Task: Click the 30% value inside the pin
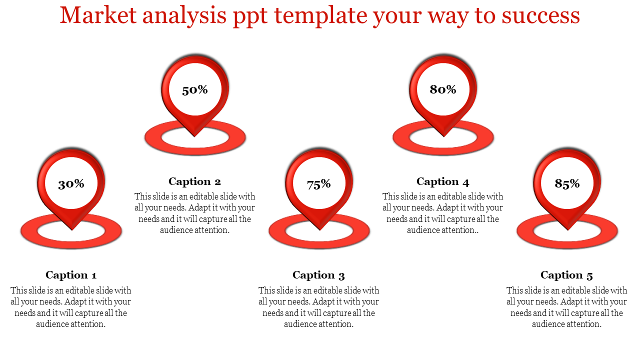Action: click(71, 183)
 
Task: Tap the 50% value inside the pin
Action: click(195, 89)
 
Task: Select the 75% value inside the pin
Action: click(319, 184)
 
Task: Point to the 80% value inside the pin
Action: click(443, 89)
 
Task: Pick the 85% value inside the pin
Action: click(567, 183)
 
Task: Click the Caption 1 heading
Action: click(71, 275)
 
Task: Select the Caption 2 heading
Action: click(194, 181)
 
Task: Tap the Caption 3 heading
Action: click(318, 275)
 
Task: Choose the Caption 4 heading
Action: click(443, 181)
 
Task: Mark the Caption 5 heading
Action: click(566, 275)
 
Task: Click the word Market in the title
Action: click(98, 15)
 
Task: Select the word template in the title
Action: click(320, 16)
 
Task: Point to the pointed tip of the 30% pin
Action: click(71, 230)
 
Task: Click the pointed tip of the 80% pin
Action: click(443, 136)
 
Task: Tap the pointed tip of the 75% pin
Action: click(319, 230)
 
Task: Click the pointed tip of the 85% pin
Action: click(567, 230)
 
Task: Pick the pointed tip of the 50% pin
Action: click(194, 136)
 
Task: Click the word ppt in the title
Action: click(250, 17)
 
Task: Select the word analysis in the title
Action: click(184, 16)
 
